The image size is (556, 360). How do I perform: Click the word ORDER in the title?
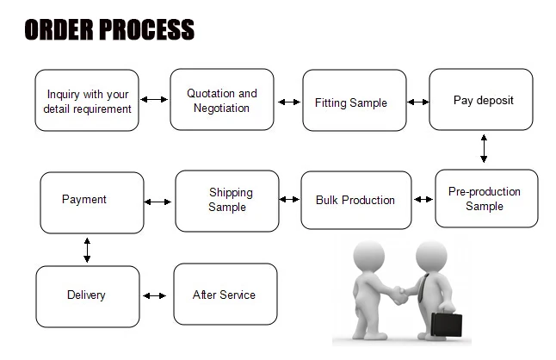(59, 29)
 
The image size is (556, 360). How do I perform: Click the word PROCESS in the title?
(146, 29)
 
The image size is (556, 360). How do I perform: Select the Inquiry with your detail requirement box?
(87, 101)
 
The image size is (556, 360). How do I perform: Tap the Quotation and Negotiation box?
(222, 100)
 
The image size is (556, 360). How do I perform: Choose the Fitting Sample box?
(355, 101)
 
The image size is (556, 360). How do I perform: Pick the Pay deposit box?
(481, 100)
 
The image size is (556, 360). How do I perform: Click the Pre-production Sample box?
(486, 199)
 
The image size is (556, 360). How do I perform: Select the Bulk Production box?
(356, 200)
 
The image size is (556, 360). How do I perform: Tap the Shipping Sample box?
(227, 202)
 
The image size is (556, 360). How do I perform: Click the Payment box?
(92, 203)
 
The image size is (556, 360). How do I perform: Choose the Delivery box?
(88, 296)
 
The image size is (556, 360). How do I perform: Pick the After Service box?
(225, 294)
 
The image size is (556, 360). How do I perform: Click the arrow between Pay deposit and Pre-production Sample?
(484, 148)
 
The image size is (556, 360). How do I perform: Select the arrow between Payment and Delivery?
(87, 250)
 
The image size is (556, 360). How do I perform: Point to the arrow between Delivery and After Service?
(155, 295)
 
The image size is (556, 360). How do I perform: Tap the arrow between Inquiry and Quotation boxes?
(154, 99)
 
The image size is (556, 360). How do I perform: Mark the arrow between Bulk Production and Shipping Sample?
(289, 199)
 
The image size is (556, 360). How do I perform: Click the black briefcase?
(447, 324)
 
